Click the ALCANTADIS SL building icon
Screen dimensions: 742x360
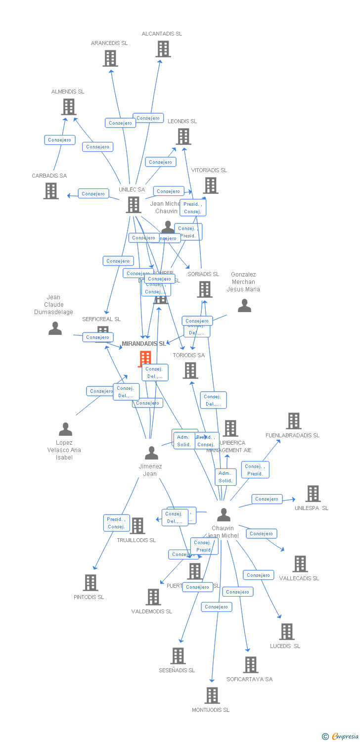point(163,49)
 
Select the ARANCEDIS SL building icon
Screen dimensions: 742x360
point(110,58)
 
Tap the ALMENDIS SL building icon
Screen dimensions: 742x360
point(69,107)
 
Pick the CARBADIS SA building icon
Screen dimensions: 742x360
point(51,191)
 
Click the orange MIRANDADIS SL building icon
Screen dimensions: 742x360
point(145,359)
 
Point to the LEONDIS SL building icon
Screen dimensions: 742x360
point(183,137)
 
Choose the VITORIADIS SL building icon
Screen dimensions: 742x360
point(211,185)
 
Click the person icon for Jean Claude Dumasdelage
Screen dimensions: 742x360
point(55,328)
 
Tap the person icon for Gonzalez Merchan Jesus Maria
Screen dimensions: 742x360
point(244,306)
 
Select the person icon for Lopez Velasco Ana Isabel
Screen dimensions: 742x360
point(65,429)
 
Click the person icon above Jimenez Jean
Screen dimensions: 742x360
point(151,453)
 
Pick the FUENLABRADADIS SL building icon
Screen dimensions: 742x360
point(294,421)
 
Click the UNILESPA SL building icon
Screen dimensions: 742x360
point(313,494)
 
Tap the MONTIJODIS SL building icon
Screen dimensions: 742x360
point(212,696)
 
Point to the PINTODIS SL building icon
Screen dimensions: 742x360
point(90,583)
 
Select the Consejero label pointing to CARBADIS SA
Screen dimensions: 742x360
point(93,194)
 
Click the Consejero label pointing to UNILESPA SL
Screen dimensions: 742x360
point(267,499)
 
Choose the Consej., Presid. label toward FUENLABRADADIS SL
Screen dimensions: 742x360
point(255,470)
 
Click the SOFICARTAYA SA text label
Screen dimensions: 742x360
point(249,679)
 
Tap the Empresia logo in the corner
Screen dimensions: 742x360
point(341,737)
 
